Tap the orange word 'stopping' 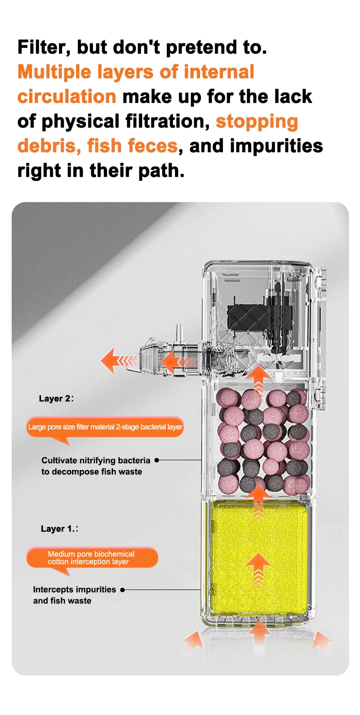257,122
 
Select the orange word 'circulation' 67,97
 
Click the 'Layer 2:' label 56,398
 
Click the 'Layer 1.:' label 59,529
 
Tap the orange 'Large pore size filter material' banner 105,427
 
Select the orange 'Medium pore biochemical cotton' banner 92,557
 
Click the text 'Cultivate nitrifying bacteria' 96,460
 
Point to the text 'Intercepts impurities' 74,589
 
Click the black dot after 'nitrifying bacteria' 157,460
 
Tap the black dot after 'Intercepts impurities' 123,590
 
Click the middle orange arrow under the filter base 259,631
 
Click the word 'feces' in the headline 153,146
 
